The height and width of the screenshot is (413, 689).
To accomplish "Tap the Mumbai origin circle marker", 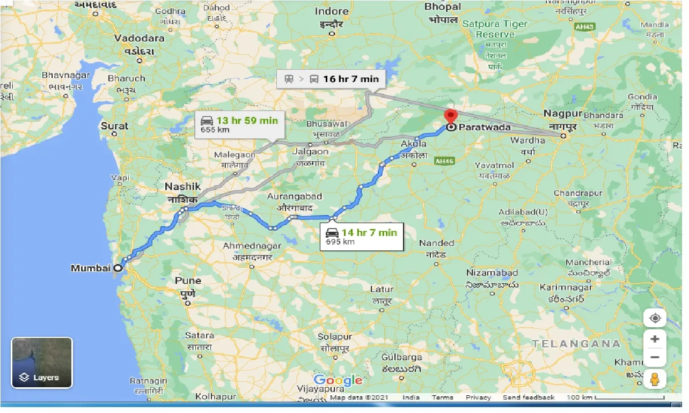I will click(118, 268).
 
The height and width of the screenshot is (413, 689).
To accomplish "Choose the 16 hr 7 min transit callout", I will click(331, 79).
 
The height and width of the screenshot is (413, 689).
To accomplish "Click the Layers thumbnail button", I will click(42, 363).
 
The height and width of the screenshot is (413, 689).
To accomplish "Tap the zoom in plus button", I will click(655, 340).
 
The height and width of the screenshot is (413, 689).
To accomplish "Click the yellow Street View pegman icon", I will click(655, 379).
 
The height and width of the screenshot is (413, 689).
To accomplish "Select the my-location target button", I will click(655, 318).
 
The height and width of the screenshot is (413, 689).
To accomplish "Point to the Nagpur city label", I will click(562, 114).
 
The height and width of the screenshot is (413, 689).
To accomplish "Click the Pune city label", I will click(188, 281).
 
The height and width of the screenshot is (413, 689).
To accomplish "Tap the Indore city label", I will click(332, 11).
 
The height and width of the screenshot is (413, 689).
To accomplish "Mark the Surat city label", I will click(114, 126).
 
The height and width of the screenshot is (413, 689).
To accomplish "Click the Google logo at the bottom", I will click(338, 381).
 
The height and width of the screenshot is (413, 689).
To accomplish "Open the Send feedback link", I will click(529, 397).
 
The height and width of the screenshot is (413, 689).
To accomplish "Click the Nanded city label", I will click(436, 243).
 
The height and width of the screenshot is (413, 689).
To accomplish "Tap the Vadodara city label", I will click(138, 39).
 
